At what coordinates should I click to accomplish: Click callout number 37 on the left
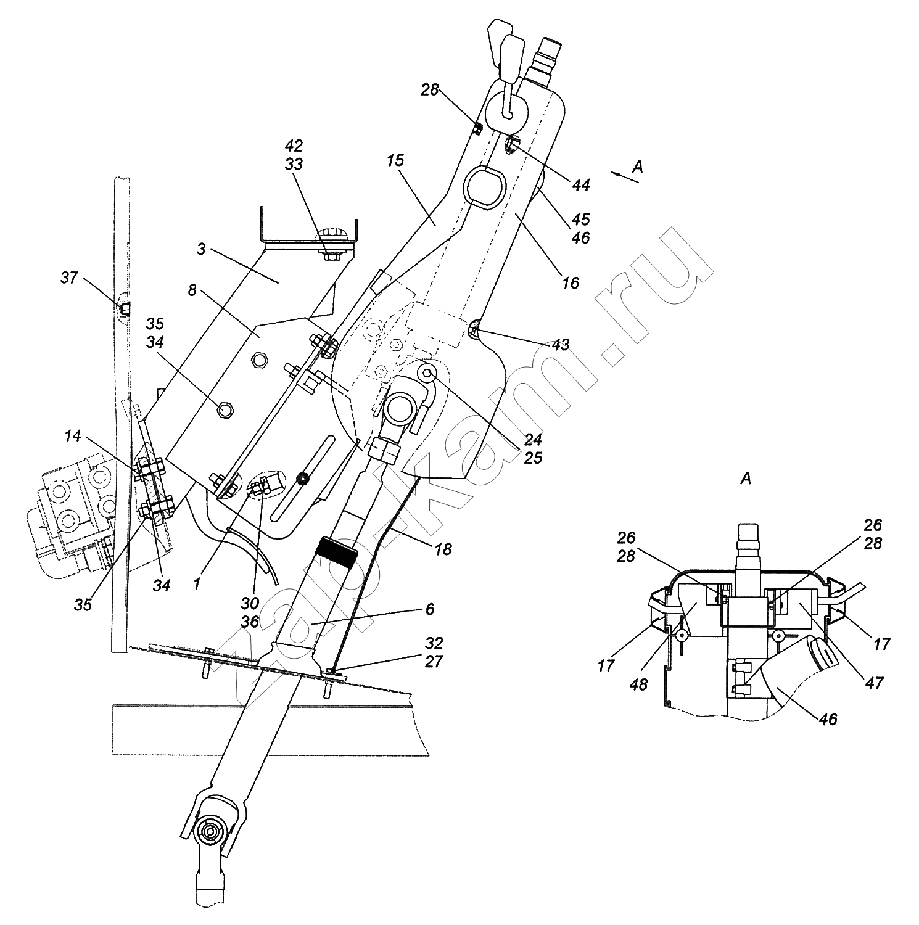(69, 278)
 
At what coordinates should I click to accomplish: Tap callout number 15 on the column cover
(395, 161)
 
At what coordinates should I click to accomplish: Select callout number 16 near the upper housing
(571, 282)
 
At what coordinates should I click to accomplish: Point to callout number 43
(560, 345)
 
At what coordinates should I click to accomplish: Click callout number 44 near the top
(581, 184)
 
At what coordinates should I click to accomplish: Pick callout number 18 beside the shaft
(443, 548)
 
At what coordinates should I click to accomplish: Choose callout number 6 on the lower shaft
(430, 609)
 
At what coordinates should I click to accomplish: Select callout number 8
(193, 290)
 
